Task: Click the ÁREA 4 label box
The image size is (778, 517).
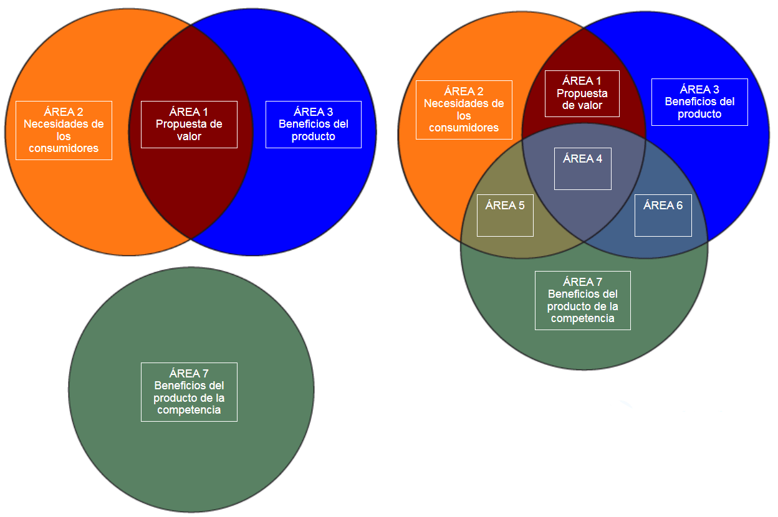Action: pos(583,168)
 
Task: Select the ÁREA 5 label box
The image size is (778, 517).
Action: pos(505,215)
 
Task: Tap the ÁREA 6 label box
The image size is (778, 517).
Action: pos(663,215)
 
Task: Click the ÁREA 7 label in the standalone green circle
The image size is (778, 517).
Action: pos(189,392)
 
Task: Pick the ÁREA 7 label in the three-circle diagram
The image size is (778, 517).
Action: pos(582,300)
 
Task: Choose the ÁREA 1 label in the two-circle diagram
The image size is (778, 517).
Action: pos(189,124)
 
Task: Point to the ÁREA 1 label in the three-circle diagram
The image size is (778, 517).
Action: pos(582,93)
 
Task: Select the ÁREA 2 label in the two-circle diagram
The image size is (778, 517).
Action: pos(64,130)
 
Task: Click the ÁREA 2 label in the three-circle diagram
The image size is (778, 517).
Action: pos(464,110)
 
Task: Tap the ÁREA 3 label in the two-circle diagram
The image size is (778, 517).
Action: pos(313,124)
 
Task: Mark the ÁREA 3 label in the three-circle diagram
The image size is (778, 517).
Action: pos(699,102)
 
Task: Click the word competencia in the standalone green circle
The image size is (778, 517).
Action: pos(189,410)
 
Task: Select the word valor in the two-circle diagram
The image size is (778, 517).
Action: pos(189,136)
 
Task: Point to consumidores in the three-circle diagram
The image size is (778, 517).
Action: pos(464,128)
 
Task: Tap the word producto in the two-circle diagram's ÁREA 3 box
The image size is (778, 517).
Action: pos(313,136)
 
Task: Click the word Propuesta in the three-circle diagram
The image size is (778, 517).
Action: pos(582,93)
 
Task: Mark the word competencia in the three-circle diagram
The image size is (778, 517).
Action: pos(582,318)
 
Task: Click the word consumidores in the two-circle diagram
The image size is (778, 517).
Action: pos(64,148)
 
